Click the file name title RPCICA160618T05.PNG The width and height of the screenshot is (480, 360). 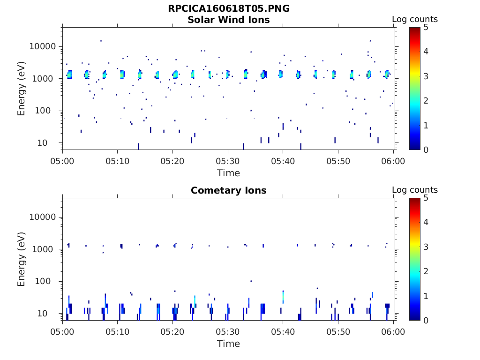click(x=229, y=9)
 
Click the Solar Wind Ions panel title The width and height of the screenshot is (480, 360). click(x=229, y=20)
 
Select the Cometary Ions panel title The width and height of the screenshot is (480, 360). click(x=229, y=190)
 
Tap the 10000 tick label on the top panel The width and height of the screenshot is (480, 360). click(x=43, y=46)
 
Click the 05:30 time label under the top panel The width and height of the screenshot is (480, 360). click(x=228, y=161)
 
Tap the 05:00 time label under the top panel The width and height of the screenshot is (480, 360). click(x=62, y=161)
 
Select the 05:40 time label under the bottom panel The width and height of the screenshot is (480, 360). click(x=283, y=332)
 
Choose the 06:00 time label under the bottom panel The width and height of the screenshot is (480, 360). click(x=393, y=332)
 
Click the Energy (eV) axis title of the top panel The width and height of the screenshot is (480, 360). click(x=22, y=89)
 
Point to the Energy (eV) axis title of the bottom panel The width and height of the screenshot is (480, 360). click(x=22, y=259)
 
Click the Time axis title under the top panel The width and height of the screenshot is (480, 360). click(x=228, y=173)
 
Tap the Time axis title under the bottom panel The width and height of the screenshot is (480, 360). click(x=228, y=344)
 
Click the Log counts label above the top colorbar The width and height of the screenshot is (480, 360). click(x=415, y=19)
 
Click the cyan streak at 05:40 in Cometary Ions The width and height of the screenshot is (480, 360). click(x=283, y=297)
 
